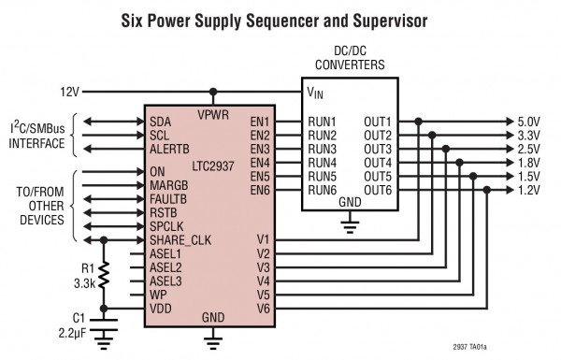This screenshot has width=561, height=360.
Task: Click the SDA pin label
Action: point(159,122)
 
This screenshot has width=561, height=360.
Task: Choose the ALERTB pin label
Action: point(170,149)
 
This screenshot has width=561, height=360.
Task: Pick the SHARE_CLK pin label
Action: point(180,239)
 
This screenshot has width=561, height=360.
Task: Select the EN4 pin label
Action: point(260,163)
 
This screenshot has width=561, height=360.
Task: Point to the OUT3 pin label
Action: point(377,149)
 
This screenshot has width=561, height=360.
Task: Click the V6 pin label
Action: point(263,308)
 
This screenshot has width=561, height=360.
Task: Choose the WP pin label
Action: point(158,294)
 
